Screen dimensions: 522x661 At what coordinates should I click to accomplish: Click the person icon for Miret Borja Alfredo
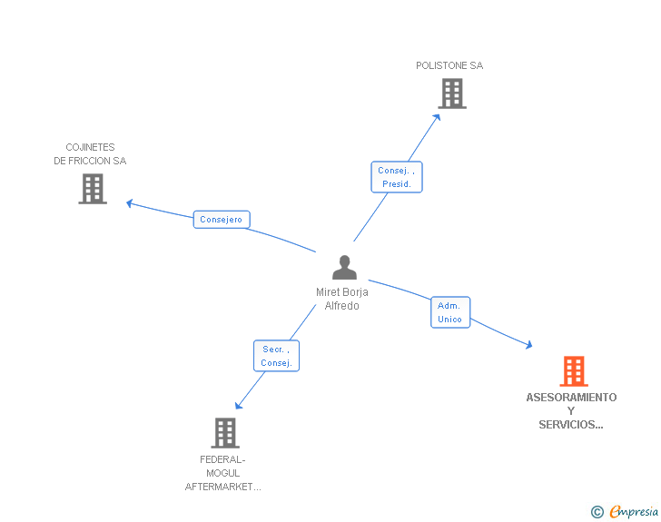click(344, 268)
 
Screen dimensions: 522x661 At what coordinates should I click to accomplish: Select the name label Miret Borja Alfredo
click(342, 299)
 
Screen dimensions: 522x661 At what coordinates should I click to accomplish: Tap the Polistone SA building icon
click(451, 94)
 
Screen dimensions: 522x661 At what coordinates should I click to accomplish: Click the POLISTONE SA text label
click(449, 65)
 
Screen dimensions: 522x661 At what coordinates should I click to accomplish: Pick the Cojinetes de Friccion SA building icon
click(93, 189)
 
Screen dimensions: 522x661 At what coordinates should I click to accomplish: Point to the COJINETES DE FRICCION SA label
click(90, 154)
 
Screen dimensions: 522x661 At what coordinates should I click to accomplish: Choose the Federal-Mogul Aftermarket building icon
click(225, 433)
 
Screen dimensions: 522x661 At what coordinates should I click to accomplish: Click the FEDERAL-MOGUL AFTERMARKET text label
click(223, 473)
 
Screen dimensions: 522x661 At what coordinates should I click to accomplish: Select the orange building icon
click(573, 370)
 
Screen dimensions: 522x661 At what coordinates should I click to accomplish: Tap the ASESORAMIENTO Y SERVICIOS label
click(571, 410)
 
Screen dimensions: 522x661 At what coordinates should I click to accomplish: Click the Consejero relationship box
click(222, 220)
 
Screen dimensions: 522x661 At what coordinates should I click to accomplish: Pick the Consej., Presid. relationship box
click(397, 177)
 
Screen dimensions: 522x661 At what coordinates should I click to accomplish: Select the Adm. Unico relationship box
click(449, 312)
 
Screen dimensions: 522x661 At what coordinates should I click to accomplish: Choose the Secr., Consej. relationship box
click(276, 356)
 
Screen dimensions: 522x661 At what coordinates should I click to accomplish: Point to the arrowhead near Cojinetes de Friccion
click(130, 202)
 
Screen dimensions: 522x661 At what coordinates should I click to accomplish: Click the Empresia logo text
click(634, 512)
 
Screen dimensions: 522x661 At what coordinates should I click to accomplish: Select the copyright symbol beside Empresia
click(597, 513)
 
